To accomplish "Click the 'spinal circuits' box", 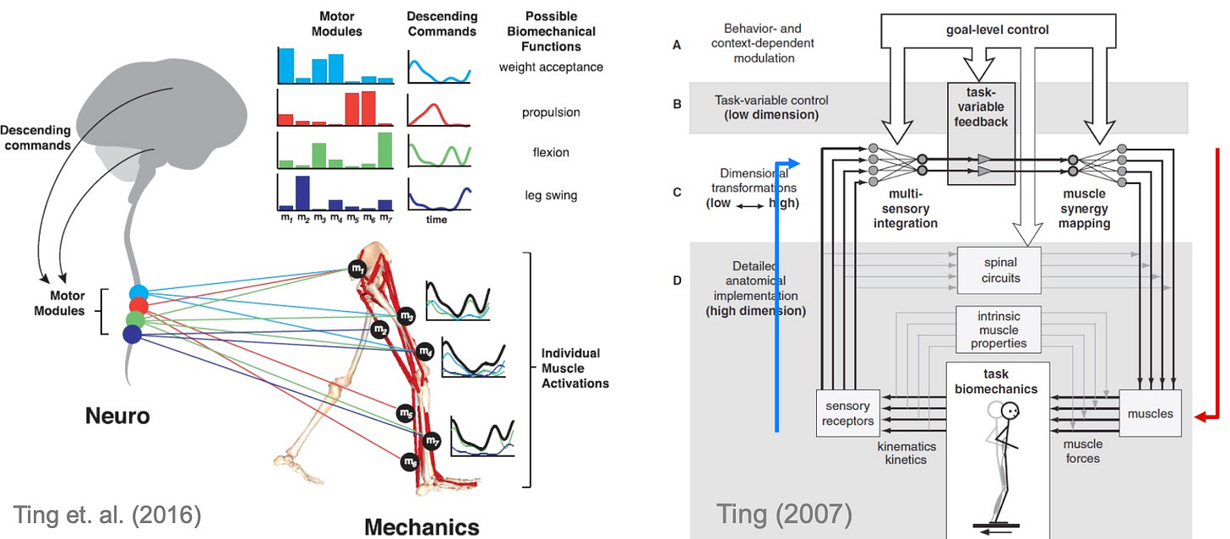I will pos(1000,270).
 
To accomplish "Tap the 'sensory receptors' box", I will pos(847,413).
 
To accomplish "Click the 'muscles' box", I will pos(1150,413).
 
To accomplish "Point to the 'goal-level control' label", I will pos(998,30).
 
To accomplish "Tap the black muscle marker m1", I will pos(357,269).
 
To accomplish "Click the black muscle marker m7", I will pos(433,440).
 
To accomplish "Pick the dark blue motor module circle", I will pos(133,335).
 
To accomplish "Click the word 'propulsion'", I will pos(551,112).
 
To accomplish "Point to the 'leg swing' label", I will pos(551,195).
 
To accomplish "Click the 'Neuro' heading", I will pos(117,416).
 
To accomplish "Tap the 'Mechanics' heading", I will pos(422,526).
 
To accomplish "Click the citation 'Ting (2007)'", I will pos(783,513).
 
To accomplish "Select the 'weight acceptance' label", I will pos(551,67).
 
